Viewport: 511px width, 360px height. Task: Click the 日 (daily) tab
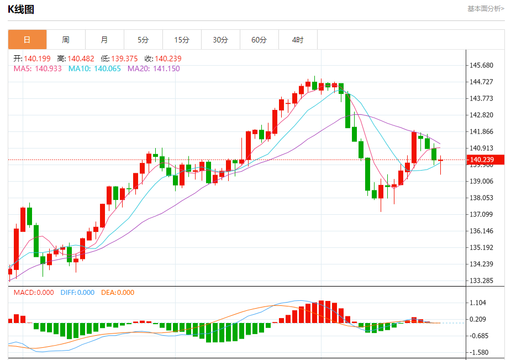pos(27,40)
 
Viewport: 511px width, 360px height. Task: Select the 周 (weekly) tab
pos(66,40)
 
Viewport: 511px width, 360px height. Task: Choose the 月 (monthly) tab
pos(104,40)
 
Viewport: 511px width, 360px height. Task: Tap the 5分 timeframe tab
pos(143,40)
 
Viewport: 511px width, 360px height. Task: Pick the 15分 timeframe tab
pos(182,40)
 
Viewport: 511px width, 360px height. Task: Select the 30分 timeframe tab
pos(220,40)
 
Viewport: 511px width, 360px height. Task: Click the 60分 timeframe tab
pos(259,40)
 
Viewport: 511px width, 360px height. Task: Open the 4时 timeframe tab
pos(298,40)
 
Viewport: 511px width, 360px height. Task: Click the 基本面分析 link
pos(486,8)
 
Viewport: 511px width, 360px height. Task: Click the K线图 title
pos(20,9)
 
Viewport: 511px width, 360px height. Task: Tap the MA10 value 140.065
pos(107,68)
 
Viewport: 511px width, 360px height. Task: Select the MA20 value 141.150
pos(166,68)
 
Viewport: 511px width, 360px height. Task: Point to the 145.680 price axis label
pos(481,65)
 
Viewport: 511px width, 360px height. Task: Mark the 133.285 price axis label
pos(481,280)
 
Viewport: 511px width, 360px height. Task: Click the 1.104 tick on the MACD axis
pos(477,303)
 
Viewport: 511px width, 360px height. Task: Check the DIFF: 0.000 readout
pos(77,293)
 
